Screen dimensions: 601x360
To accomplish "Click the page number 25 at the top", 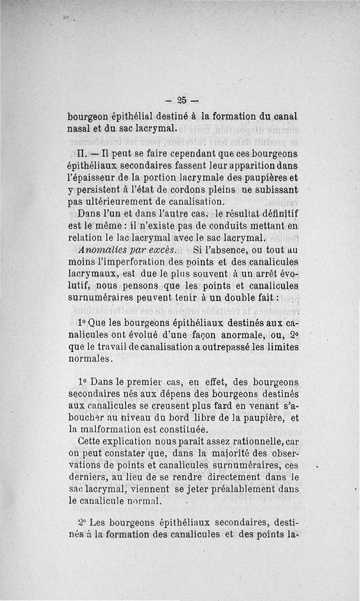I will [182, 100].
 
